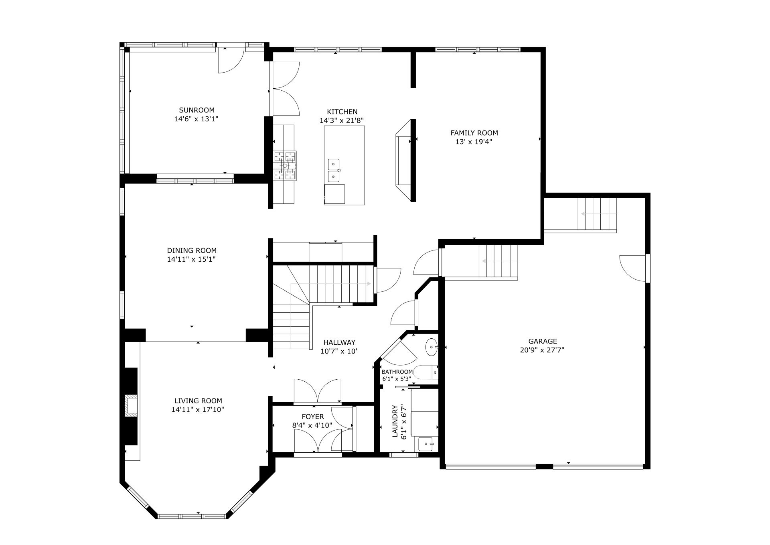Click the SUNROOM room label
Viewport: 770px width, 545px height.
pyautogui.click(x=197, y=110)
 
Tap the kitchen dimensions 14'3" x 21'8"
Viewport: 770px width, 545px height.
pyautogui.click(x=342, y=120)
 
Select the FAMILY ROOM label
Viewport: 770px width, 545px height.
pyautogui.click(x=474, y=133)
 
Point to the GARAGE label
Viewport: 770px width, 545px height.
pyautogui.click(x=543, y=341)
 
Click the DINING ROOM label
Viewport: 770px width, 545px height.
pyautogui.click(x=192, y=250)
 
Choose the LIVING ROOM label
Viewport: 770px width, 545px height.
pyautogui.click(x=198, y=401)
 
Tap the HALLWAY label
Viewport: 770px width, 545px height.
pyautogui.click(x=339, y=342)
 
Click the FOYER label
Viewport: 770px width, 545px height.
pyautogui.click(x=313, y=417)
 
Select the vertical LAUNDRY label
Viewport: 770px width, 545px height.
pyautogui.click(x=395, y=421)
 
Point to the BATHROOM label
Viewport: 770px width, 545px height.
pyautogui.click(x=397, y=372)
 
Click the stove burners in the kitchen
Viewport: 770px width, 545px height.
pyautogui.click(x=285, y=165)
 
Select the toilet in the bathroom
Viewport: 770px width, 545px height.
pyautogui.click(x=426, y=373)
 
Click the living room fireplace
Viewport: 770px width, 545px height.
pyautogui.click(x=131, y=406)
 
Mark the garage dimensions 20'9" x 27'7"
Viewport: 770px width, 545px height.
pyautogui.click(x=542, y=350)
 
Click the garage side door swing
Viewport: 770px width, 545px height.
pyautogui.click(x=633, y=268)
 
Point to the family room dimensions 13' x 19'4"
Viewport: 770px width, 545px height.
pyautogui.click(x=474, y=142)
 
